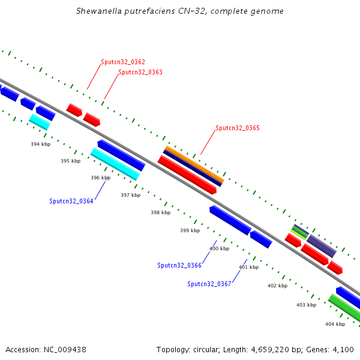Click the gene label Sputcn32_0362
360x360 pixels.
(x=123, y=62)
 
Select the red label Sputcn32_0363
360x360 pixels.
(x=140, y=72)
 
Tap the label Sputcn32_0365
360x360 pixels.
(x=238, y=128)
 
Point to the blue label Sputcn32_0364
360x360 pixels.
(x=71, y=202)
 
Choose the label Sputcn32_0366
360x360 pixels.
(x=179, y=265)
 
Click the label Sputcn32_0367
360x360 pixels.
(x=209, y=284)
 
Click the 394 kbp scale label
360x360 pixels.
(x=40, y=144)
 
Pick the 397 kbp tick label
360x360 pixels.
(x=130, y=195)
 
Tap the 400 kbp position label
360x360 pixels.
(x=219, y=248)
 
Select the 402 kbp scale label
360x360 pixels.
(x=277, y=286)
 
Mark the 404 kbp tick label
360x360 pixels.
(x=335, y=324)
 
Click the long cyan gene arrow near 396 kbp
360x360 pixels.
(x=115, y=164)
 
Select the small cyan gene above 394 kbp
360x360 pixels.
(x=40, y=122)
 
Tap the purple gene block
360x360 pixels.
(x=321, y=246)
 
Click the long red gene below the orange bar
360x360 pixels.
(x=187, y=175)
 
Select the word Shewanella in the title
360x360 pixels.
(x=98, y=11)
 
